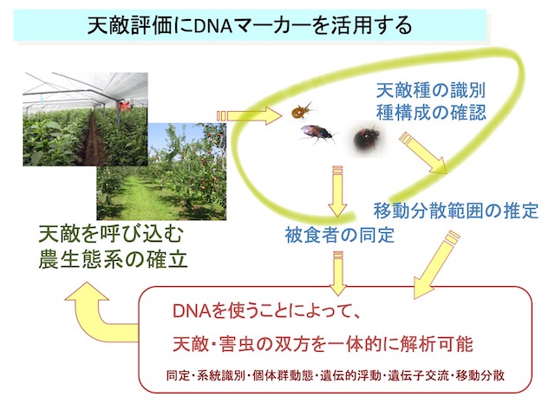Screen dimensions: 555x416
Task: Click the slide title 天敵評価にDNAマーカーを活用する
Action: (250, 25)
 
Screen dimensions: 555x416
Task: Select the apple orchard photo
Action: (161, 172)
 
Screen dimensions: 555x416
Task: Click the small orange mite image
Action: (303, 111)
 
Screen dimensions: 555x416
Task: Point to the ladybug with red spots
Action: (367, 139)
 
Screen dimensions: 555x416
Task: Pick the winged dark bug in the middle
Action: (317, 134)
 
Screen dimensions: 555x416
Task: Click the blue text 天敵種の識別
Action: (430, 90)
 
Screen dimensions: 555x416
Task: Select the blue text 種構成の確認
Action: (431, 113)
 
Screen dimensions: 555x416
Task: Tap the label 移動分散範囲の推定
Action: (456, 211)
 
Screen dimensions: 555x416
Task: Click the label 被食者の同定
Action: (339, 235)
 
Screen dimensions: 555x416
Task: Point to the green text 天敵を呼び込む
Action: (110, 234)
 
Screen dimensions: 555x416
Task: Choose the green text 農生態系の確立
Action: (113, 260)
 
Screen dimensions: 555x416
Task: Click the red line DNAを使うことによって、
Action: (266, 311)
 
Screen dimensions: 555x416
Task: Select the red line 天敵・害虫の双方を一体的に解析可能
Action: (323, 344)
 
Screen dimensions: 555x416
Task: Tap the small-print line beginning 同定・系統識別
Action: (336, 375)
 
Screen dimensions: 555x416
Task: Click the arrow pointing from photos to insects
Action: (250, 116)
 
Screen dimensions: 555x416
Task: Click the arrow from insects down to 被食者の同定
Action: (337, 191)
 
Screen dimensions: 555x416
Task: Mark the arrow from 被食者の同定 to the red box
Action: (338, 273)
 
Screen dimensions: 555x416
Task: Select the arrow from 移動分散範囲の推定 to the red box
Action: (436, 264)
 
